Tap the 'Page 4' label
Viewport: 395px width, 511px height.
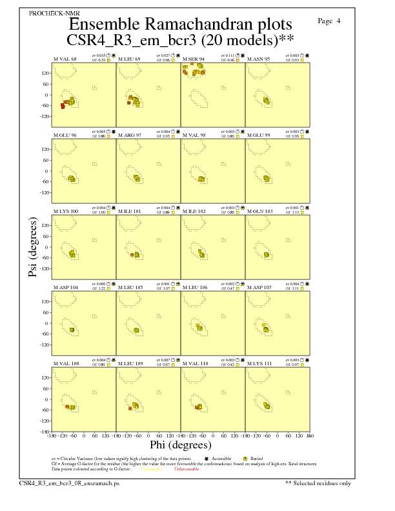click(x=330, y=21)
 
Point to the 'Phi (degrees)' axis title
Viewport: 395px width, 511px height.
click(x=180, y=445)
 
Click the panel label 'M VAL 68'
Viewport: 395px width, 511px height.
click(x=65, y=59)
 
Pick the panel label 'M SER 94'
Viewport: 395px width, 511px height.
click(x=194, y=59)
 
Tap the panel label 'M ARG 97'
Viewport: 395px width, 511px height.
click(x=130, y=135)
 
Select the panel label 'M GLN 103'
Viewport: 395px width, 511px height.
click(x=260, y=211)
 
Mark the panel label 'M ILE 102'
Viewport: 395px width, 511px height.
click(x=194, y=211)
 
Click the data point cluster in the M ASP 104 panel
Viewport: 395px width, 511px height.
click(x=72, y=330)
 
